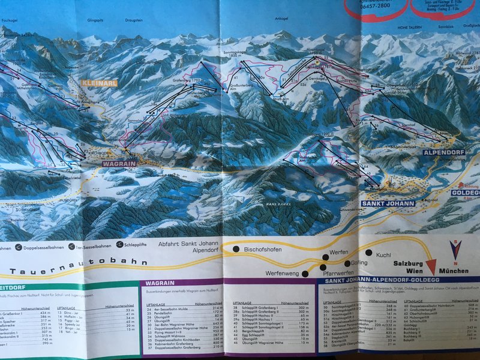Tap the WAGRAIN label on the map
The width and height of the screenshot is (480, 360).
[120, 163]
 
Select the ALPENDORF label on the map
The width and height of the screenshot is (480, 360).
[444, 152]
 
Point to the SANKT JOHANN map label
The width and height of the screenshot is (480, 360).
[388, 203]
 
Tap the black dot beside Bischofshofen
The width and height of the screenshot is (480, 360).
[236, 249]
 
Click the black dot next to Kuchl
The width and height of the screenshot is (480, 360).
[370, 253]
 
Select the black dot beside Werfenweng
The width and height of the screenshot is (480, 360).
[305, 274]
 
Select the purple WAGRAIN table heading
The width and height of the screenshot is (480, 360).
[160, 283]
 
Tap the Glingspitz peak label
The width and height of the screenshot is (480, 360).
[96, 20]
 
